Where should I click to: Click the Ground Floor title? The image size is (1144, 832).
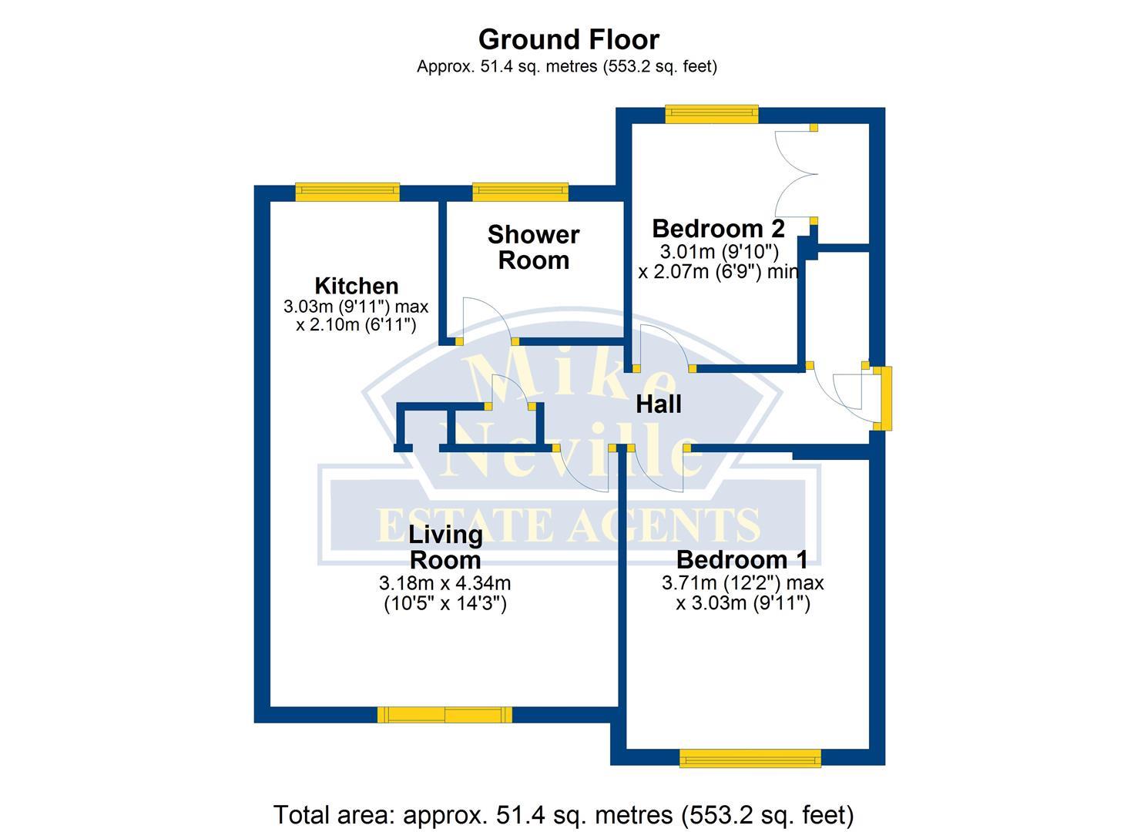coord(569,39)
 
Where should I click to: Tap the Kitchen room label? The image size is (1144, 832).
coord(356,286)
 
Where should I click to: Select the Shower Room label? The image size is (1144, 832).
coord(533,247)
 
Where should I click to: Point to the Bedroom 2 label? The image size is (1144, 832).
coord(718,229)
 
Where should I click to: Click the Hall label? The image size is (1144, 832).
coord(658,404)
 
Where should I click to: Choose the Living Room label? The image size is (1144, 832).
coord(445,546)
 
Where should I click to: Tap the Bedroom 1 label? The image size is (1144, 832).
coord(742,559)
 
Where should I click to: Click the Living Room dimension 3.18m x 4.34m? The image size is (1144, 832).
coord(445,583)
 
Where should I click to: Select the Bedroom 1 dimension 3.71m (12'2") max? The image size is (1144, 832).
coord(743,583)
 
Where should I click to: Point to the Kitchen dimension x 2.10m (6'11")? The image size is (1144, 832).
coord(356,325)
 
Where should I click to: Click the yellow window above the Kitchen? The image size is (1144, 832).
coord(347,192)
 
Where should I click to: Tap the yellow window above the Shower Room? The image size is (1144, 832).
coord(520,192)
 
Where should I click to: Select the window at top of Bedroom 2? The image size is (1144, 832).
coord(712,115)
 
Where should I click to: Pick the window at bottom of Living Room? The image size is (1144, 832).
coord(445,715)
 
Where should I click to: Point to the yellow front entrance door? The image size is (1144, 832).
coord(886,398)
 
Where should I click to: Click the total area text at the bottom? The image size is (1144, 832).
coord(563,814)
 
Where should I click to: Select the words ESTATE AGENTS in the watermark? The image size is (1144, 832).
coord(569,526)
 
